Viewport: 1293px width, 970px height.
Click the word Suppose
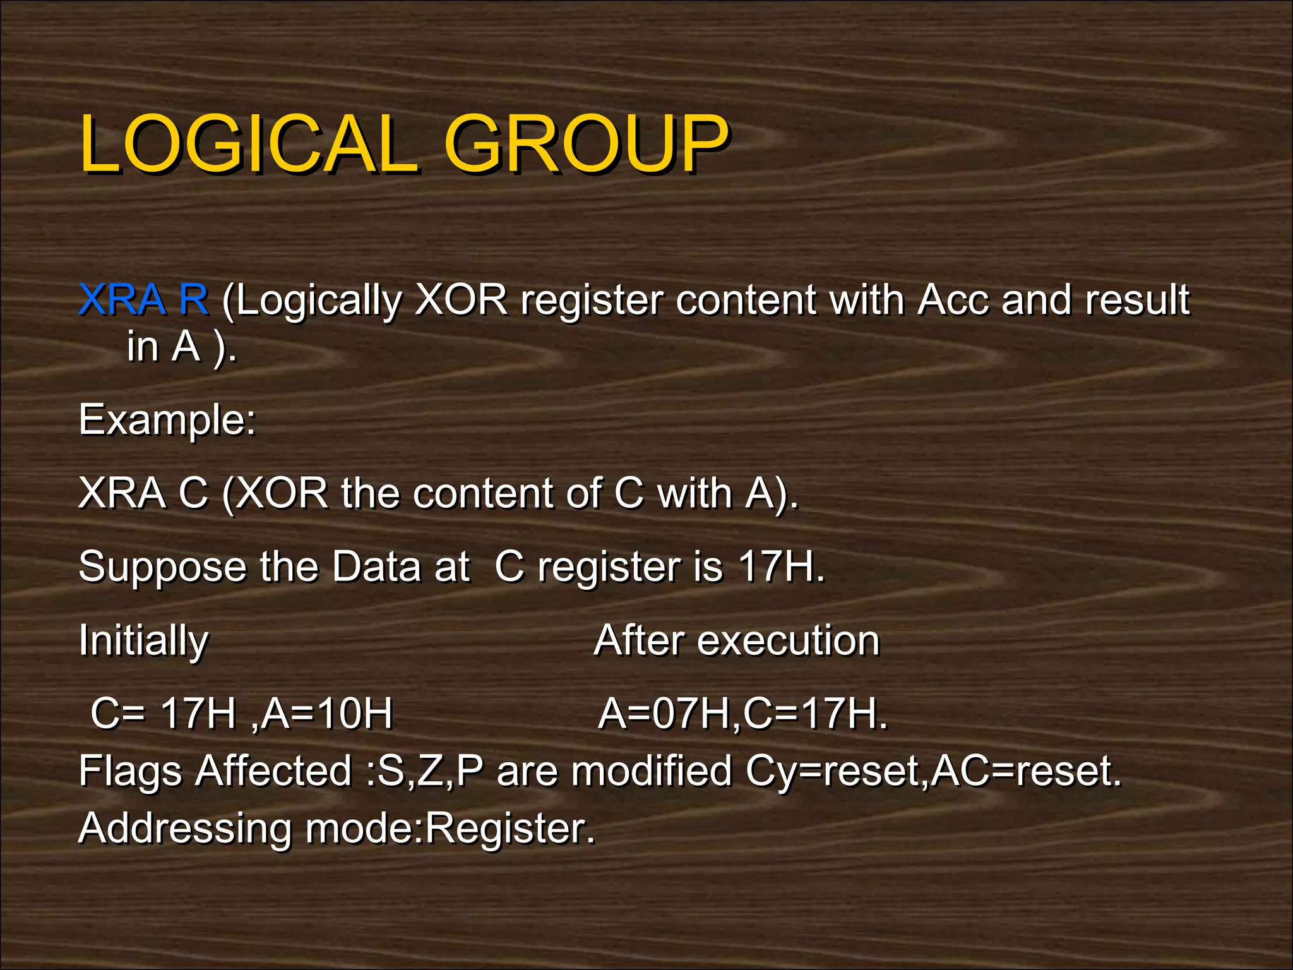click(x=162, y=566)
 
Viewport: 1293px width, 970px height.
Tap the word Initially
click(x=143, y=641)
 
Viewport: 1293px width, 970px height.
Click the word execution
click(x=789, y=641)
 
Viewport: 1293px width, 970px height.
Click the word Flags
click(x=130, y=772)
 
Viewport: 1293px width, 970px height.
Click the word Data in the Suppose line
click(x=376, y=566)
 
